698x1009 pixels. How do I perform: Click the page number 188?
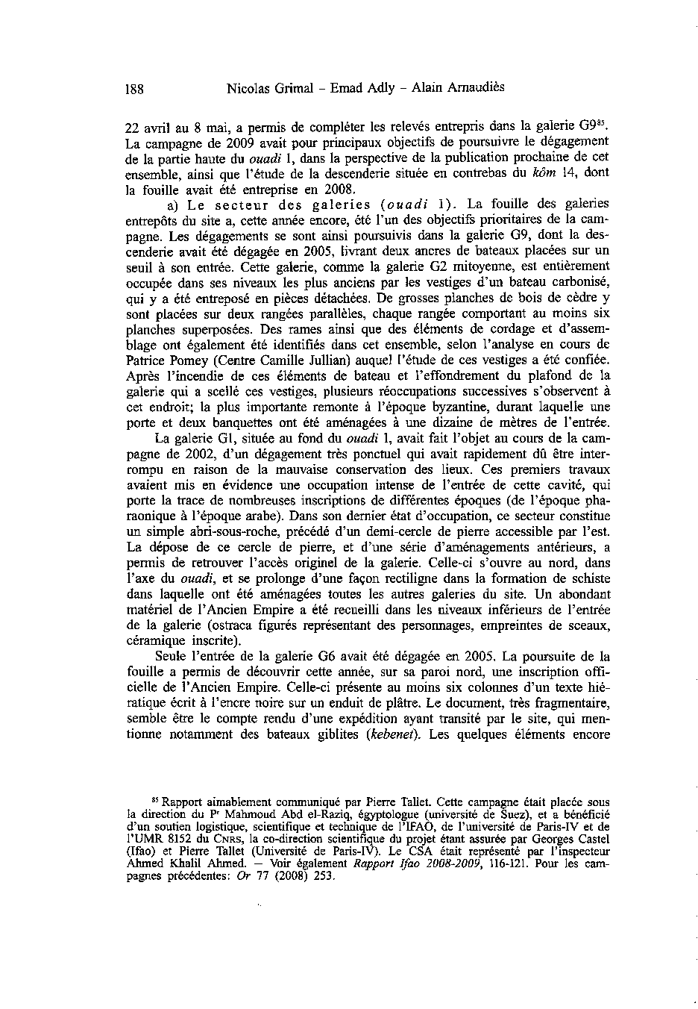(134, 89)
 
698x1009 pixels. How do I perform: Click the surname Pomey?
(179, 360)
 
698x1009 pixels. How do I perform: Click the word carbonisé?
(580, 281)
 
